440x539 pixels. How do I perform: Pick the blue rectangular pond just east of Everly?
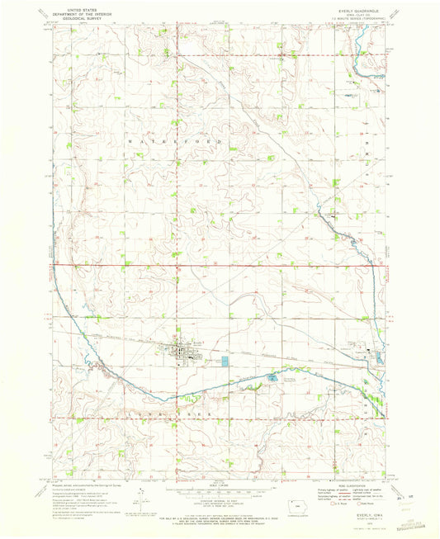click(x=225, y=362)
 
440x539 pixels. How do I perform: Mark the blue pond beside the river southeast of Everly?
click(x=271, y=378)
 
